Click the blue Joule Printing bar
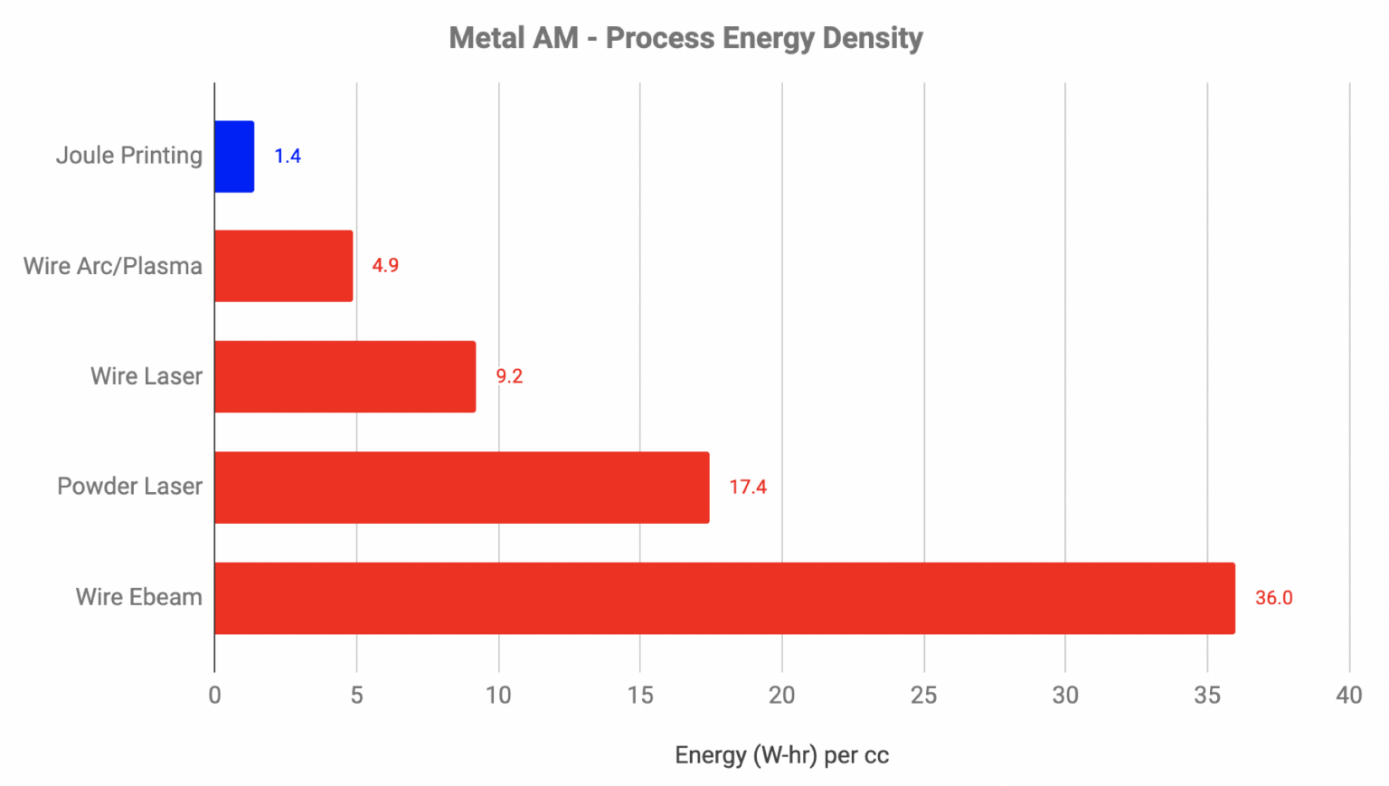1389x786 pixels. (234, 156)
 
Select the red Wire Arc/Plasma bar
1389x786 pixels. (283, 266)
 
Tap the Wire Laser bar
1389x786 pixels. (345, 376)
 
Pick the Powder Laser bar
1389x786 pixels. (461, 487)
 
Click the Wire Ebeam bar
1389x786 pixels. (723, 598)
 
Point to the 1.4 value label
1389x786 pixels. (288, 156)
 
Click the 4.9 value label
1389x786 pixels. (385, 266)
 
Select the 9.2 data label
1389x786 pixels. (509, 376)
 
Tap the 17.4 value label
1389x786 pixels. (748, 487)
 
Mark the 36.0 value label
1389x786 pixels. (1273, 598)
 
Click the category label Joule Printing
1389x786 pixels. (129, 156)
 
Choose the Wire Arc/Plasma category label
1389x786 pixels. (113, 266)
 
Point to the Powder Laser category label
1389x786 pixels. (130, 487)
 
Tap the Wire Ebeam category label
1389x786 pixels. (139, 597)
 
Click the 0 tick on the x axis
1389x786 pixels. (214, 695)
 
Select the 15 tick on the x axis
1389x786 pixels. (640, 695)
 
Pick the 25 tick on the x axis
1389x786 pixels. (923, 695)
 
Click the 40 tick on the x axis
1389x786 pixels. (1348, 695)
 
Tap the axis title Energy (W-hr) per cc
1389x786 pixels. (781, 755)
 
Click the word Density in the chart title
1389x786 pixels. (872, 39)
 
